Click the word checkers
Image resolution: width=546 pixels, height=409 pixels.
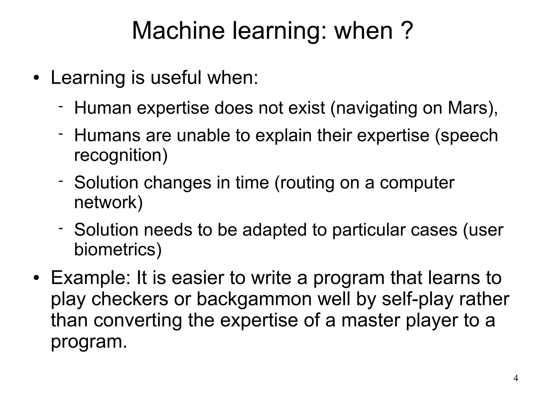[130, 299]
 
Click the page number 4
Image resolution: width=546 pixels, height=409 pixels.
[516, 378]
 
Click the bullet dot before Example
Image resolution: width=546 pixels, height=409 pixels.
[37, 278]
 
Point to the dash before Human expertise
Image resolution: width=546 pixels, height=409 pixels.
[61, 107]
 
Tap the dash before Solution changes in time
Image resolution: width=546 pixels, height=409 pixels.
[61, 181]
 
